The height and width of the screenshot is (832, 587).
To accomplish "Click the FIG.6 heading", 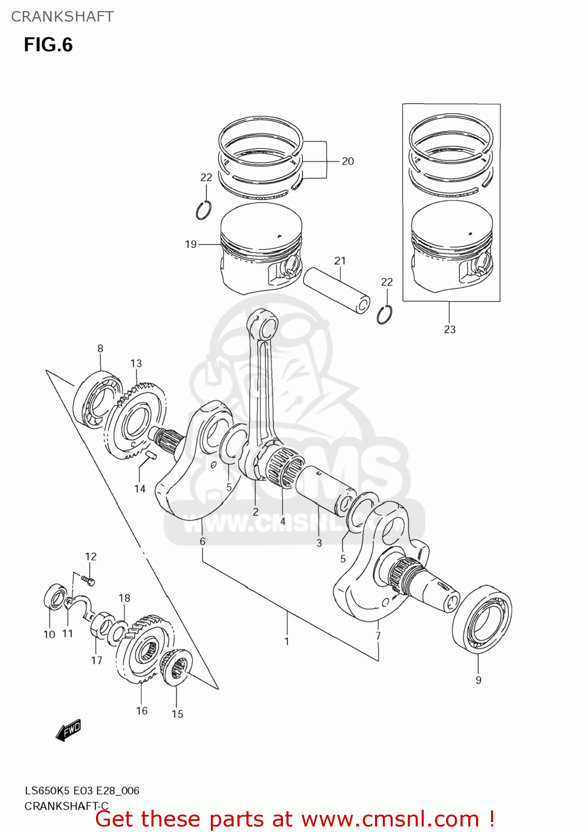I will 48,45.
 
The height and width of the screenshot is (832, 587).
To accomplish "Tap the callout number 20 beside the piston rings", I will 348,161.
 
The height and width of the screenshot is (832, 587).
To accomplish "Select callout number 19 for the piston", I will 191,244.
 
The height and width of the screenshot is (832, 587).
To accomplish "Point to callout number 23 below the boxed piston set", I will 449,329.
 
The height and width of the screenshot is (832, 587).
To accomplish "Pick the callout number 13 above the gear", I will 136,363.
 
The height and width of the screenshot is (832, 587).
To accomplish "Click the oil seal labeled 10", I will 54,600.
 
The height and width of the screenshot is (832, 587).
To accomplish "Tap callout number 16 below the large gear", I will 141,711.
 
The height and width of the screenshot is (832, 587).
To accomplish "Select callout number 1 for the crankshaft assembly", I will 287,641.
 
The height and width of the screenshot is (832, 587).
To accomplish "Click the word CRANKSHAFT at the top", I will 62,17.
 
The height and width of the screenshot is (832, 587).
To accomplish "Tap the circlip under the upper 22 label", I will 204,211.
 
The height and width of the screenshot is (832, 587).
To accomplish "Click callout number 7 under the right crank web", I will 378,636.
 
